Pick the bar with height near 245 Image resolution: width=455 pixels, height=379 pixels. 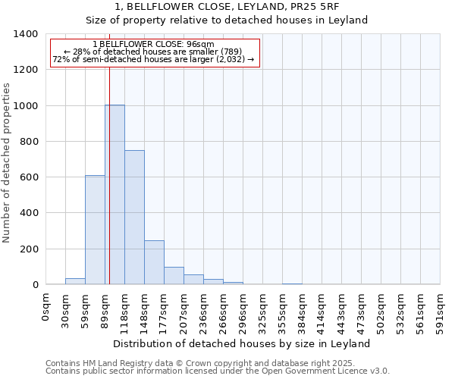(x=154, y=262)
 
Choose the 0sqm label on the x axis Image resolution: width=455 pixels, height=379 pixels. (x=46, y=307)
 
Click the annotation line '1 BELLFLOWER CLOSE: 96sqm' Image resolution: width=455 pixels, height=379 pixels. (x=154, y=44)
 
